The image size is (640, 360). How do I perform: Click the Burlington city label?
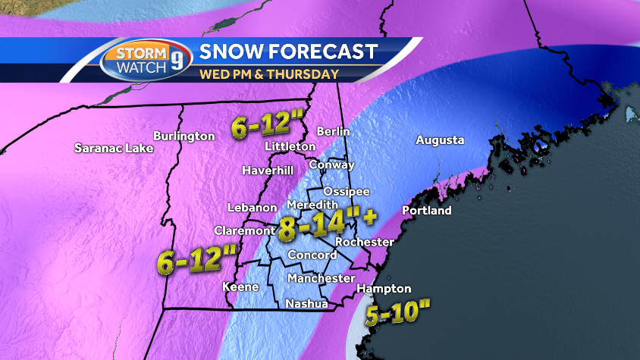click(x=184, y=136)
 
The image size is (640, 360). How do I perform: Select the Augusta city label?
click(x=439, y=140)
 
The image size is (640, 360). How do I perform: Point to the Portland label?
click(x=426, y=210)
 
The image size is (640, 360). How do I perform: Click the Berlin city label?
click(x=333, y=131)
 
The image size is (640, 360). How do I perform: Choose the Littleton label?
click(x=290, y=146)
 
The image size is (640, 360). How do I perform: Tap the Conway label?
click(x=331, y=164)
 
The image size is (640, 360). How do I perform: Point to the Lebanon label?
click(x=252, y=208)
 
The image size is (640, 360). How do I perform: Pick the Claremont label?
click(x=243, y=230)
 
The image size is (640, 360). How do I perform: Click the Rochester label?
click(x=364, y=242)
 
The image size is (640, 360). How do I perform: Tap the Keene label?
click(x=240, y=286)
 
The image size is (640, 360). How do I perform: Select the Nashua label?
click(x=306, y=304)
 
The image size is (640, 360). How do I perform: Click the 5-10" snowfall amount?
click(x=398, y=313)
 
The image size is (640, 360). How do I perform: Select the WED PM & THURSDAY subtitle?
click(x=268, y=74)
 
